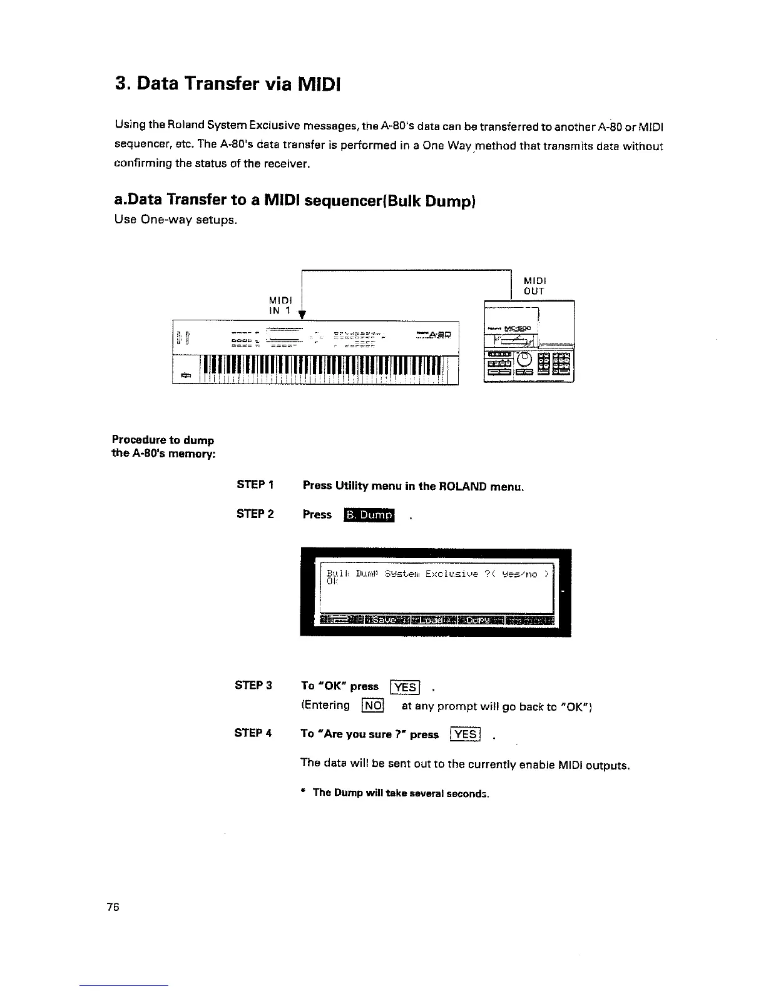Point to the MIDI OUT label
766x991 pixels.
pos(534,286)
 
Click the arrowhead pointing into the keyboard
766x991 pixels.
pos(302,315)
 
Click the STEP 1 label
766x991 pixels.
pos(255,485)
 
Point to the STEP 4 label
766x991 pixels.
pos(253,733)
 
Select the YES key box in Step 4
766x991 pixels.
pos(465,734)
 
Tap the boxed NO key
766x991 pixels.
pos(372,706)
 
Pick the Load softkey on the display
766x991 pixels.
pos(434,620)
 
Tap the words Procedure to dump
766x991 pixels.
pos(163,440)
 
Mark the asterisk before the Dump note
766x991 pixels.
pos(303,793)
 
